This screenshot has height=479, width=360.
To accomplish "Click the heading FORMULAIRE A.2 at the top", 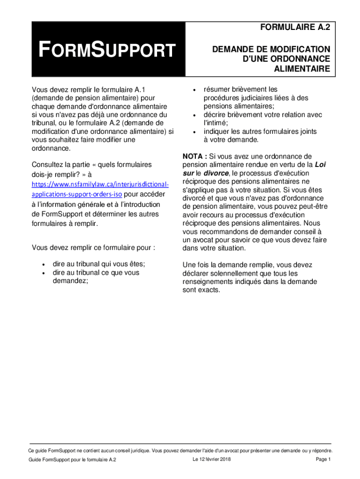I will [295, 28].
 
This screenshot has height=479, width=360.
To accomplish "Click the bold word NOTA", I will [193, 156].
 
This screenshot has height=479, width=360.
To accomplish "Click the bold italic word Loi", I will [320, 165].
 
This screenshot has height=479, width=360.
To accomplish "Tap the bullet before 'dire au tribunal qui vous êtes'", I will [43, 264].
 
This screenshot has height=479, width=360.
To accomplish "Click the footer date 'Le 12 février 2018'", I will [211, 459].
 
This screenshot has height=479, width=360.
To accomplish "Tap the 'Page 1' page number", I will [323, 459].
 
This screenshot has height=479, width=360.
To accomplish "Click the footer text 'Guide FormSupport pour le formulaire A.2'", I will [72, 460].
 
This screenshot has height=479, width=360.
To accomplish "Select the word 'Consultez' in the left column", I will [48, 165].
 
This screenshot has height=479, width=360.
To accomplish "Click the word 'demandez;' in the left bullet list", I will [71, 281].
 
